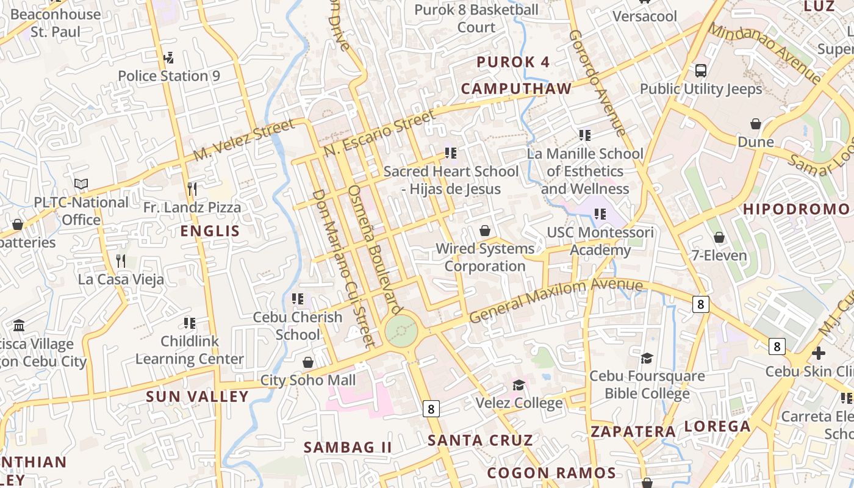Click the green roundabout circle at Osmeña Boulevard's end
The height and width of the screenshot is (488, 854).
pyautogui.click(x=401, y=331)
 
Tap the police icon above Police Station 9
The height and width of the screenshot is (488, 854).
pyautogui.click(x=169, y=58)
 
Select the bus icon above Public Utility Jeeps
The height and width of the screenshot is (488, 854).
pyautogui.click(x=701, y=70)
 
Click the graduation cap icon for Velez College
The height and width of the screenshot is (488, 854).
pyautogui.click(x=518, y=385)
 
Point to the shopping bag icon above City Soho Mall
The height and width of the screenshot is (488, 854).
pyautogui.click(x=308, y=362)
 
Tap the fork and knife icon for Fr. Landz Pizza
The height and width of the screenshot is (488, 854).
pyautogui.click(x=192, y=189)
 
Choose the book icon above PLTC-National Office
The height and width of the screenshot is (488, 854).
pyautogui.click(x=81, y=184)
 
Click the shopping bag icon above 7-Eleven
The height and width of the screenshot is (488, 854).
pyautogui.click(x=719, y=237)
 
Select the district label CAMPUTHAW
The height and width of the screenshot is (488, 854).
pyautogui.click(x=516, y=89)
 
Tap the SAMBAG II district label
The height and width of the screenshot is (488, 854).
pyautogui.click(x=348, y=447)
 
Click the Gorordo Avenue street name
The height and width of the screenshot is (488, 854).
pyautogui.click(x=597, y=82)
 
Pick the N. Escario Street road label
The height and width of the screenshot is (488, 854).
pyautogui.click(x=379, y=132)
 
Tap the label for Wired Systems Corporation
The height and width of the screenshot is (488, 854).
pyautogui.click(x=485, y=257)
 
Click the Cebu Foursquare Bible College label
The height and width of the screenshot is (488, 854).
pyautogui.click(x=647, y=385)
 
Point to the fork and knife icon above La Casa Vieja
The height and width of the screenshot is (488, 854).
pyautogui.click(x=121, y=261)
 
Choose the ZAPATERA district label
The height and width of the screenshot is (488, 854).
pyautogui.click(x=633, y=432)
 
